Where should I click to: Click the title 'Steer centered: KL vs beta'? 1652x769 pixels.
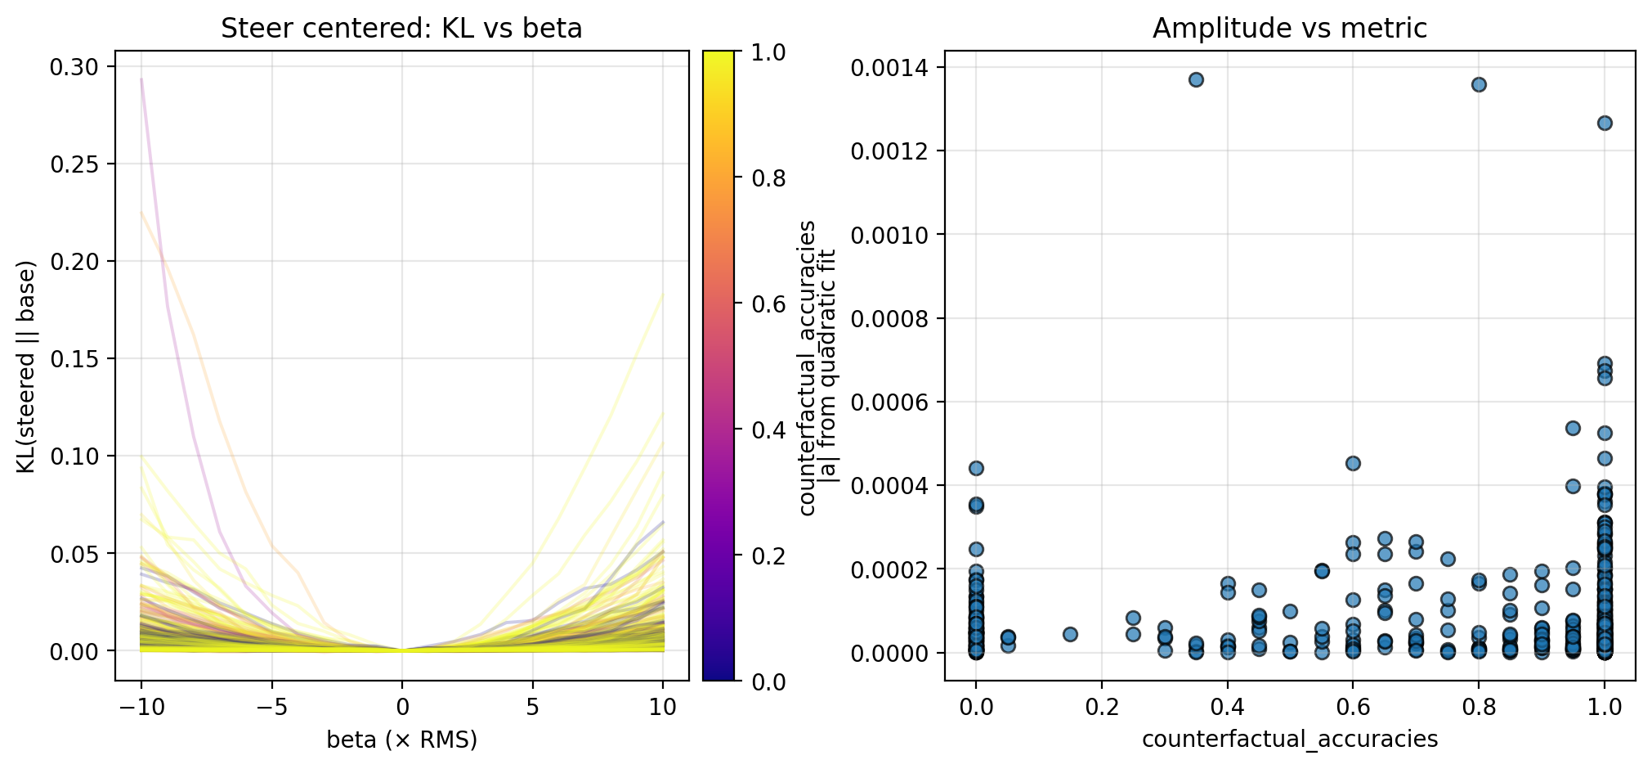pos(401,29)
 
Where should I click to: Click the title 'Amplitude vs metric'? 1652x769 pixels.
pos(1289,29)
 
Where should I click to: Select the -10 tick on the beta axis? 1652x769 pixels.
pos(141,707)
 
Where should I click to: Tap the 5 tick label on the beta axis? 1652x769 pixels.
pos(533,707)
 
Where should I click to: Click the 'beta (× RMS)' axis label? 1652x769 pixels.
pos(401,740)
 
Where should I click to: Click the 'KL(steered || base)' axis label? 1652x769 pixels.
pos(26,367)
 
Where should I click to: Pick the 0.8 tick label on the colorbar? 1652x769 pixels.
pos(768,178)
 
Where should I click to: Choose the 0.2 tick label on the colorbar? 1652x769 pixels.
pos(768,556)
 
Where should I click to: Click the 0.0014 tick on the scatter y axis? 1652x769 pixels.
pos(890,67)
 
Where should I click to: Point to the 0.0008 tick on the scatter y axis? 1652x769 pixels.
pos(890,318)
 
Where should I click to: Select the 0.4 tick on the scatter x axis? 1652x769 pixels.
pos(1227,707)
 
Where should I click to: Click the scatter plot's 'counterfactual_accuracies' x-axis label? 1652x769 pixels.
pos(1289,740)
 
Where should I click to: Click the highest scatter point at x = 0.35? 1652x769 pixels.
pos(1196,79)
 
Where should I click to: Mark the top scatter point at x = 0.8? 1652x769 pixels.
pos(1479,84)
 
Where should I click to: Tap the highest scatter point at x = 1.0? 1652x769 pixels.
pos(1605,123)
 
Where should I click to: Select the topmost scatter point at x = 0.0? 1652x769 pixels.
pos(976,468)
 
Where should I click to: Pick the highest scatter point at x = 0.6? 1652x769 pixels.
pos(1353,463)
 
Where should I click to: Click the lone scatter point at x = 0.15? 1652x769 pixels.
pos(1070,634)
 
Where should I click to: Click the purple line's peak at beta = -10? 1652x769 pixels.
pos(141,79)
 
